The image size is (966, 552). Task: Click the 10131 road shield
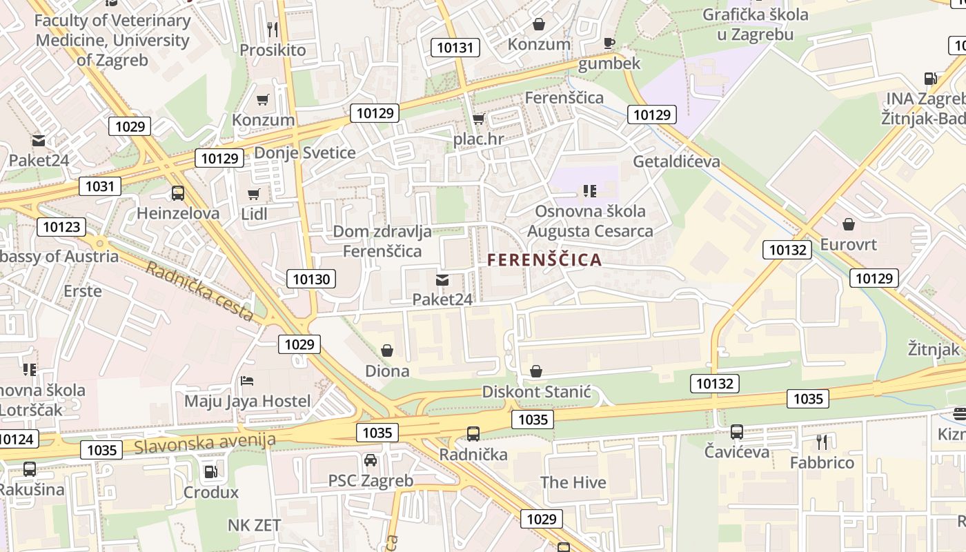coord(455,48)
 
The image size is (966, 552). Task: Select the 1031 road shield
coord(100,186)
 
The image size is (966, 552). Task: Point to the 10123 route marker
coord(61,227)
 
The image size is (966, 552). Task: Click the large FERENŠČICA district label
coord(544,260)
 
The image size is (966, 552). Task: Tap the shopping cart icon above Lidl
coord(254,195)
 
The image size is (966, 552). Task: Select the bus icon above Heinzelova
coord(178,193)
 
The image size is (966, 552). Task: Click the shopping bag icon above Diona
coord(387,351)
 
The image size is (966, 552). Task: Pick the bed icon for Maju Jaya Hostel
coord(247,381)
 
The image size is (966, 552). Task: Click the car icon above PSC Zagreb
coord(371,460)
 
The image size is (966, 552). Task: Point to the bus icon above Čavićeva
coord(737,433)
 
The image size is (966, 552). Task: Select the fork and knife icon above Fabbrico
coord(822,442)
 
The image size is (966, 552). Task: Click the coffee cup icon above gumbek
coord(609,43)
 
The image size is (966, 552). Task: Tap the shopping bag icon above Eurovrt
coord(849,224)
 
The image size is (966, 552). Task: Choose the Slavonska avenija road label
coord(205,442)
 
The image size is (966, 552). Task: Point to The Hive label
coord(573,482)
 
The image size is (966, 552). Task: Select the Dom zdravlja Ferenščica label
coord(382,241)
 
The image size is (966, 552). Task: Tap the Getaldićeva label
coord(676,161)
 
